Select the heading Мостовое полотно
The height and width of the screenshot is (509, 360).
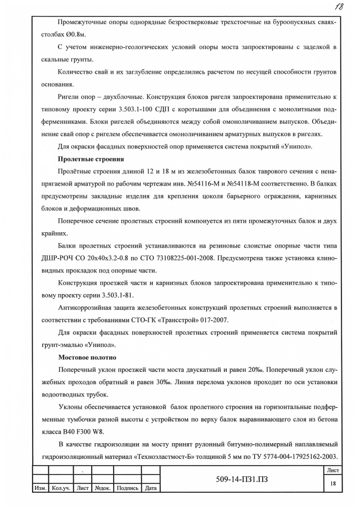(87, 357)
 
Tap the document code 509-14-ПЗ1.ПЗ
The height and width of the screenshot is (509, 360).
(253, 480)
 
